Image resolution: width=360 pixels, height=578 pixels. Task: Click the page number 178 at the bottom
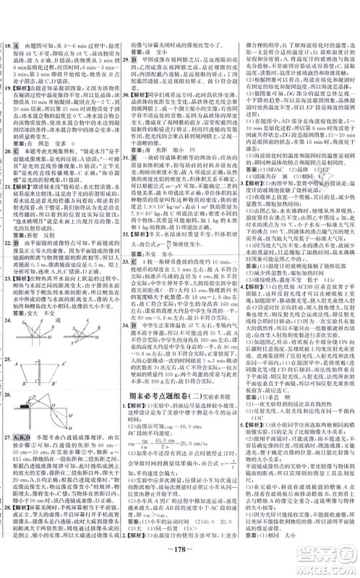181,562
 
